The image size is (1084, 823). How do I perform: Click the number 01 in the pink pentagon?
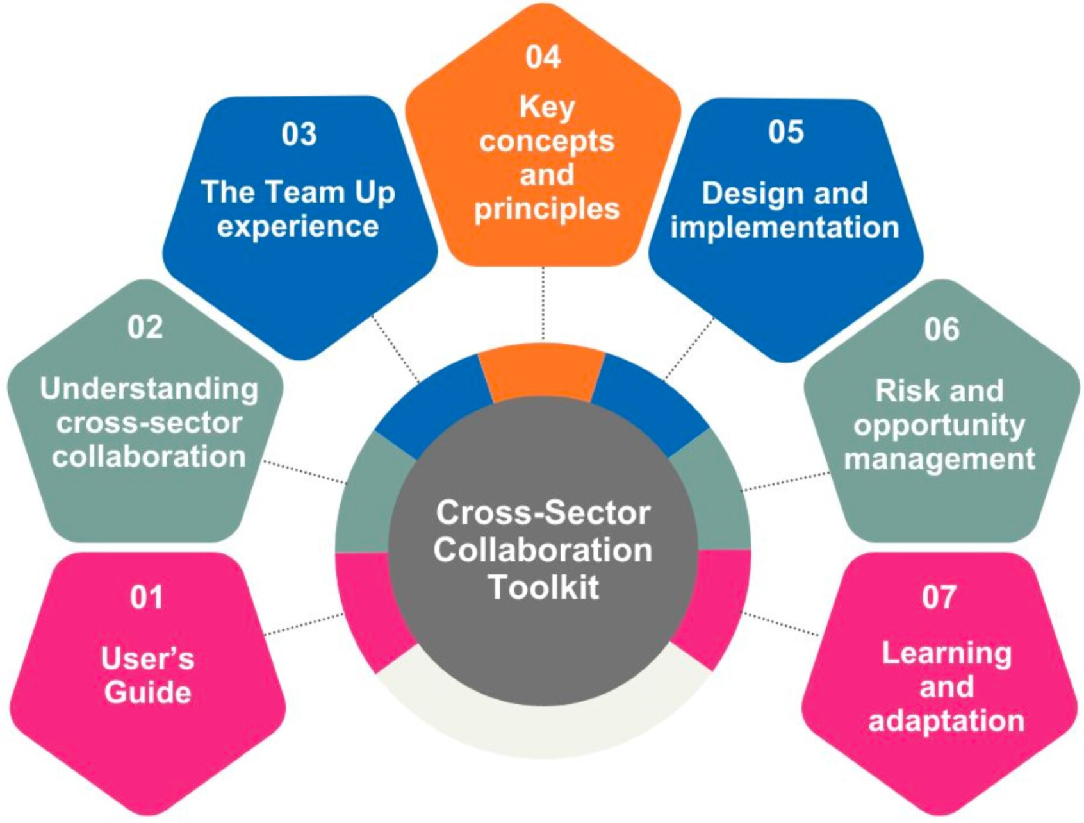147,597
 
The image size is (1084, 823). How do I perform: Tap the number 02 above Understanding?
145,328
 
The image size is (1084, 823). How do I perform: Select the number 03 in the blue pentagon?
299,134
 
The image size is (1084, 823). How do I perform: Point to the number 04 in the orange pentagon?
543,56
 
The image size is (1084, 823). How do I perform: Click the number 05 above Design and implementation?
785,132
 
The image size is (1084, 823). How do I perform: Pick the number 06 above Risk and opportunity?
941,329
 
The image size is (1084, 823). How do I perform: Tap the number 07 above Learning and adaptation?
939,597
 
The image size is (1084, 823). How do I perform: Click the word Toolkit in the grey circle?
543,587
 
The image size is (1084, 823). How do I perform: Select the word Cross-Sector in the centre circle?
543,513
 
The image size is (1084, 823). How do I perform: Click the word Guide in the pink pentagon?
148,693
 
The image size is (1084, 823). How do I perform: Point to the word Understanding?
149,389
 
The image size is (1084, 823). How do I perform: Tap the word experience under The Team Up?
298,227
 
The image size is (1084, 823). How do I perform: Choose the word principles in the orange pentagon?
546,210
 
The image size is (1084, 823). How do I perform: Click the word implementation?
785,228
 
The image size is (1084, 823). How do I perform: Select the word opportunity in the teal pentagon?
939,426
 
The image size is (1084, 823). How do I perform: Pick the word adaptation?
946,721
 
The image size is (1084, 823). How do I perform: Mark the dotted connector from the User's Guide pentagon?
304,625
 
